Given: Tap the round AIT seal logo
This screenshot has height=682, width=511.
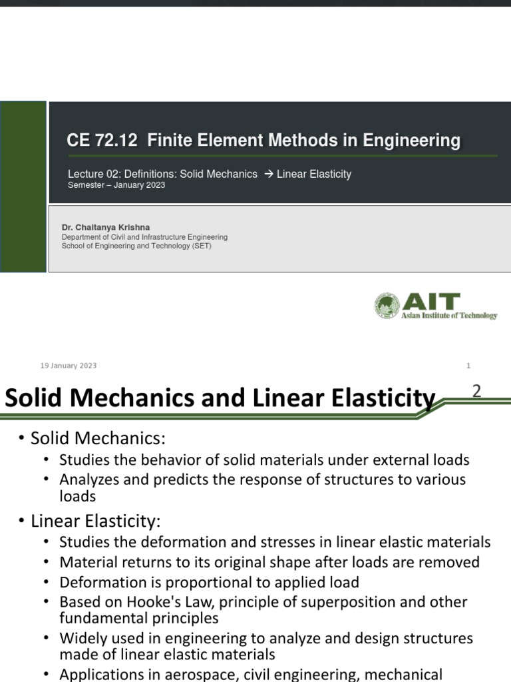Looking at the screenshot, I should click(x=387, y=306).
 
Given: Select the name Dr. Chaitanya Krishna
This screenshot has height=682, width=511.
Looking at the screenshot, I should click(x=106, y=227).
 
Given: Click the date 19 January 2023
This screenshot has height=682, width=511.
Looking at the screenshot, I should click(x=69, y=366).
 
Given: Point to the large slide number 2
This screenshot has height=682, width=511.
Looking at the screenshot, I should click(x=476, y=392).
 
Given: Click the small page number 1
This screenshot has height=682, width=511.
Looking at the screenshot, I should click(x=468, y=366).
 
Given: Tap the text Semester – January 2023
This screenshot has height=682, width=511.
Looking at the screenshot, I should click(x=116, y=185).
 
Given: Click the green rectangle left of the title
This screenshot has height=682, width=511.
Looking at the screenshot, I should click(x=23, y=186).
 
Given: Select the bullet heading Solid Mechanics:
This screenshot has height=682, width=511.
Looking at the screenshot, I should click(x=97, y=438).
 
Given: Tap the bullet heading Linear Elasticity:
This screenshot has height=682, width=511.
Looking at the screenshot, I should click(x=96, y=519).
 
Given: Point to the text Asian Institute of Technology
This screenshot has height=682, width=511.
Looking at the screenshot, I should click(x=449, y=316).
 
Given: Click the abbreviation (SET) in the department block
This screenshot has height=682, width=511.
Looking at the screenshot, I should click(x=200, y=246).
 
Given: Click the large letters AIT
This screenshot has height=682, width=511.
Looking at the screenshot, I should click(x=430, y=301).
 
